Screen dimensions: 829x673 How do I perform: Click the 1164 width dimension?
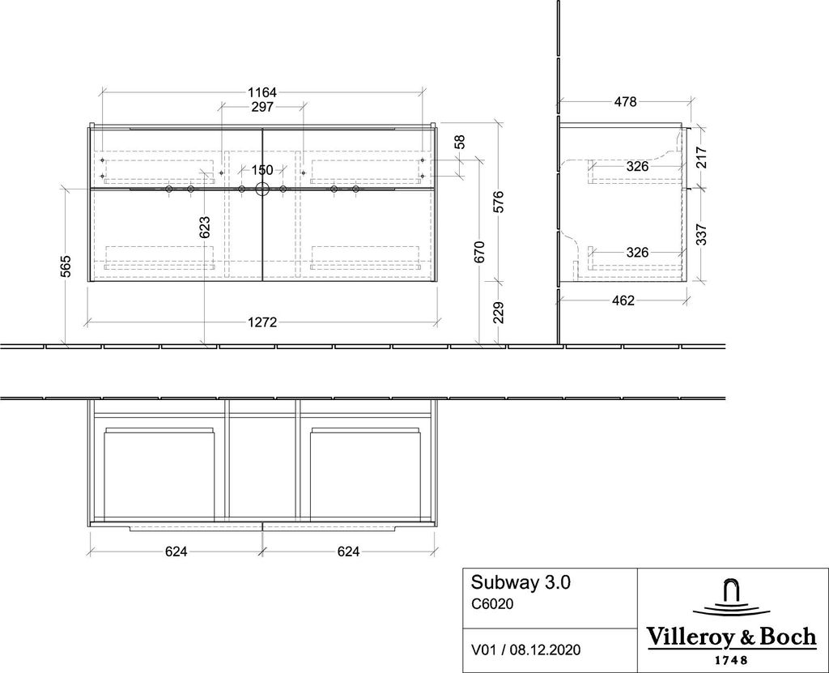click(x=262, y=92)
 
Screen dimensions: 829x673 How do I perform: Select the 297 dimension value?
click(x=262, y=107)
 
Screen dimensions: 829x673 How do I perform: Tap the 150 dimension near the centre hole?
click(x=262, y=170)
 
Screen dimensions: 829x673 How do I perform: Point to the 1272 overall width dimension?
click(x=262, y=322)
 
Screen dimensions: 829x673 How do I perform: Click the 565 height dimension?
click(x=66, y=266)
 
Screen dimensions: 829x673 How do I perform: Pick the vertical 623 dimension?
click(x=205, y=227)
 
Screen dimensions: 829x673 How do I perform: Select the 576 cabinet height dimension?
click(x=498, y=202)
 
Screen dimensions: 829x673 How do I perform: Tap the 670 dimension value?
click(x=479, y=252)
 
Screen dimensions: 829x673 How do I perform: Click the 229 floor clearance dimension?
click(x=498, y=313)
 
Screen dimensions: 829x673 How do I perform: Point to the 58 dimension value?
click(x=460, y=141)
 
